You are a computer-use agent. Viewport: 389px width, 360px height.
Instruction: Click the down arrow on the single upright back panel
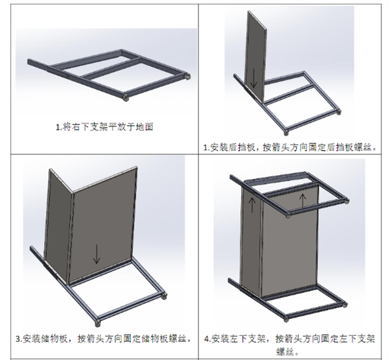click(254, 80)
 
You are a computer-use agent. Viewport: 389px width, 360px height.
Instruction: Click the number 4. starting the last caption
click(207, 339)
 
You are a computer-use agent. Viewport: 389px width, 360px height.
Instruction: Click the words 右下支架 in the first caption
click(82, 126)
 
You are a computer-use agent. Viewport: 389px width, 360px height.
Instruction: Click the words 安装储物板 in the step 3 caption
click(47, 339)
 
